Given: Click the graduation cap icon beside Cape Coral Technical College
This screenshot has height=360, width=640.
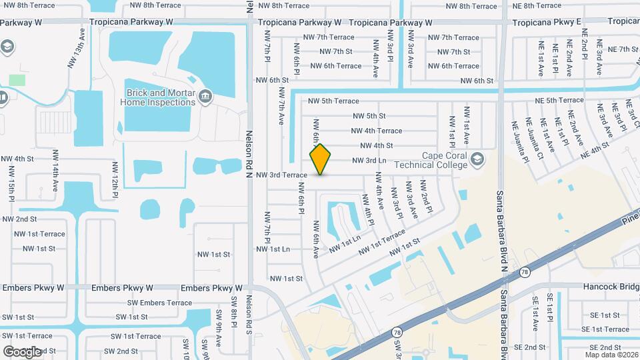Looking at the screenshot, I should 477,159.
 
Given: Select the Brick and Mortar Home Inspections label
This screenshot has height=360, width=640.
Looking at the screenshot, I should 158,97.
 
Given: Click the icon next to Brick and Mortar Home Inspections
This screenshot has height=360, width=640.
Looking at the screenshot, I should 205,97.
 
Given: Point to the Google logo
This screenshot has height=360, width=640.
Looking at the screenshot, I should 22,351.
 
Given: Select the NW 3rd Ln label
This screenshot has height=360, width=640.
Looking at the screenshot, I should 369,160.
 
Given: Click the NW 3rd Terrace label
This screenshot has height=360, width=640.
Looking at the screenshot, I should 281,175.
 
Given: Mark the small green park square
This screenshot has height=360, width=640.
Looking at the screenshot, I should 17,80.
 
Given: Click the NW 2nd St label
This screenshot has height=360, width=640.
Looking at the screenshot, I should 20,219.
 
